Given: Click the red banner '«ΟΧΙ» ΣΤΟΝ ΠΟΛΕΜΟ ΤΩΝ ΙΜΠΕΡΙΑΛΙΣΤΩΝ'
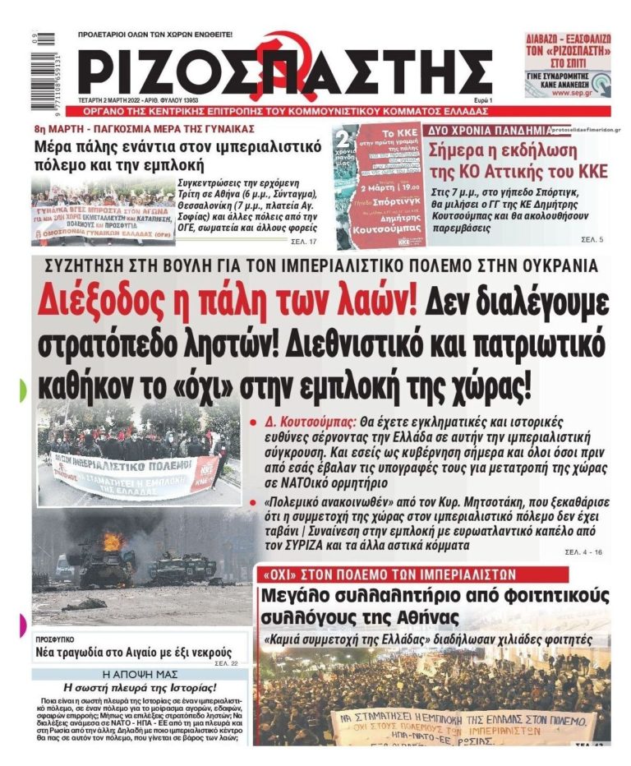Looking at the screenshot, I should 388,574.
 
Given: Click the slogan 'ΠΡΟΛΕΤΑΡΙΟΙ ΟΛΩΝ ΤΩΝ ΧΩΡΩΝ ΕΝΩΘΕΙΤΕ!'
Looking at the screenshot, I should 155,35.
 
